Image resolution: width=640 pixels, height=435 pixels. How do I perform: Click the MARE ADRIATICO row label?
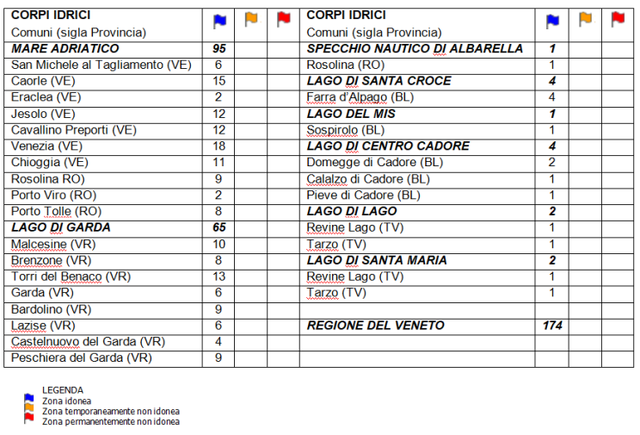coord(65,49)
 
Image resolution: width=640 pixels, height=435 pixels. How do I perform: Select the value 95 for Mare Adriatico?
coord(218,49)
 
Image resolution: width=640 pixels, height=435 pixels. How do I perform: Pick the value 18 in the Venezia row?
coord(218,146)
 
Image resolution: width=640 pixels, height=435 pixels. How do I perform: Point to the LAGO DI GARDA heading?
coord(61,228)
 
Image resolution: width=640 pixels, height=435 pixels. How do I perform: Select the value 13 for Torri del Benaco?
coord(218,277)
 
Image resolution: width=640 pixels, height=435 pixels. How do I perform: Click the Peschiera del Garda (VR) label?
coord(82,358)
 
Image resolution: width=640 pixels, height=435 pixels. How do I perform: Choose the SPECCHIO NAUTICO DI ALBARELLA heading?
coord(415,49)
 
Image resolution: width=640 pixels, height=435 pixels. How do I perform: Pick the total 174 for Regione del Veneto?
coord(551,326)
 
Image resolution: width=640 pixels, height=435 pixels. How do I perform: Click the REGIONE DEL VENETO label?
coord(376,326)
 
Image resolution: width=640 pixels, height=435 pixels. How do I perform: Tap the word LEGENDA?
coord(63,390)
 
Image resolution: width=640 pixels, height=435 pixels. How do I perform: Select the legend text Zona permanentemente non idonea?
coord(111,422)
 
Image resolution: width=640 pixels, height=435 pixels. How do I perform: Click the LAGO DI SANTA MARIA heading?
coord(377,260)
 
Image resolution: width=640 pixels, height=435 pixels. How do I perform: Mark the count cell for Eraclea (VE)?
coord(218,97)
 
